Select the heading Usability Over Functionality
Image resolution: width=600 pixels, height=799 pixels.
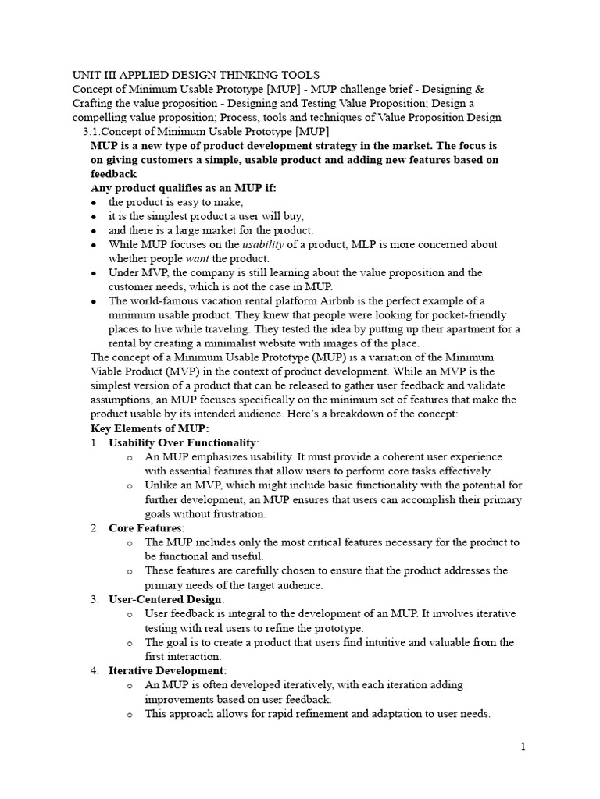click(x=181, y=442)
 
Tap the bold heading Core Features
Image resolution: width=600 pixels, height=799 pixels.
click(x=145, y=528)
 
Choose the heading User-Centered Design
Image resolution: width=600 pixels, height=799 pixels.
click(x=166, y=599)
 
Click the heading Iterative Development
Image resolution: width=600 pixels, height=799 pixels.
click(x=166, y=670)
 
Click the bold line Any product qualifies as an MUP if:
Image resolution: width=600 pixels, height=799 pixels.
click(x=183, y=188)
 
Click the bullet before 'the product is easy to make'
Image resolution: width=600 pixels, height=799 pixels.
click(x=94, y=204)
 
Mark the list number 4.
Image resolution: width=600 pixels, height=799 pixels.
click(x=93, y=670)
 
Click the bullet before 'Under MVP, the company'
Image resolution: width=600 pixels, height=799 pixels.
click(x=94, y=274)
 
